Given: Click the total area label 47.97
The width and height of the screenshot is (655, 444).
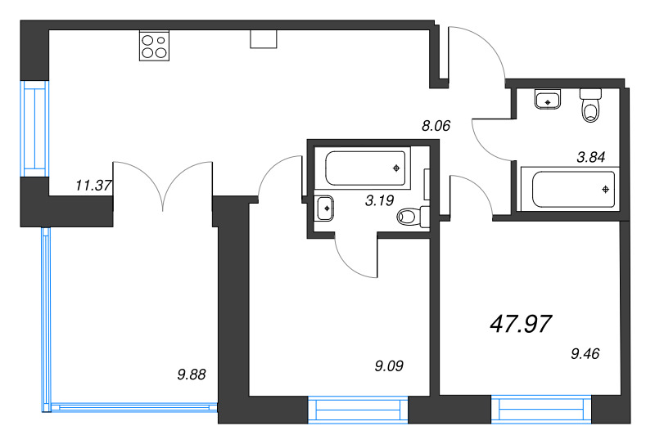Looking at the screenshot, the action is tap(521, 324).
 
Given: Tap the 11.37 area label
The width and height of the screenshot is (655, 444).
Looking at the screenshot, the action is tap(93, 185).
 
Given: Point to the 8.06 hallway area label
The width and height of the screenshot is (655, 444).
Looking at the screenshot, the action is tap(436, 125).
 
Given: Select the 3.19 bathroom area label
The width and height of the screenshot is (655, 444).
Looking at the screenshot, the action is tap(379, 200).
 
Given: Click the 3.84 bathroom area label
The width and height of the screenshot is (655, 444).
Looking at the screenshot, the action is tap(590, 157).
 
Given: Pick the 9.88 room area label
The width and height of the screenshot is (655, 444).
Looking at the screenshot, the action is tap(192, 374).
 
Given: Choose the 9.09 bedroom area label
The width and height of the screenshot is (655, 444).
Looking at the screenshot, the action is tap(389, 366).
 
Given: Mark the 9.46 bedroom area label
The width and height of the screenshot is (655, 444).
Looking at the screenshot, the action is tap(585, 353).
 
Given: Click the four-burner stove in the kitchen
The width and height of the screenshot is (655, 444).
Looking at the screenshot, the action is tap(154, 46).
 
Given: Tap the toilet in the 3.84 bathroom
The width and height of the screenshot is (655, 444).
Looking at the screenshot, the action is tap(590, 105).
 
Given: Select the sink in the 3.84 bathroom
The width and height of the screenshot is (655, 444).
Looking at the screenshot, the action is tap(547, 100).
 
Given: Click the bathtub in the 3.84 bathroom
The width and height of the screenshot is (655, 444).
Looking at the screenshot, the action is tap(571, 189).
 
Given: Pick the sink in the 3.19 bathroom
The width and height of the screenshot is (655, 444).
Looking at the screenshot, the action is tap(324, 209).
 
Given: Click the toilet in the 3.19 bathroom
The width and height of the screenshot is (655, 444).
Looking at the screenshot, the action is tap(413, 216).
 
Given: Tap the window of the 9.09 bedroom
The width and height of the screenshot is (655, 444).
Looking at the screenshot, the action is tap(358, 410).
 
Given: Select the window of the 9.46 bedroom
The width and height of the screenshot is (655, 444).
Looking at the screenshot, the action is tap(541, 410).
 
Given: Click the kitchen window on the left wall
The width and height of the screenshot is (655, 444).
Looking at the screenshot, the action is tap(34, 128).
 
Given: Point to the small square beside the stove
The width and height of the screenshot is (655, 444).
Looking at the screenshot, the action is tap(264, 38).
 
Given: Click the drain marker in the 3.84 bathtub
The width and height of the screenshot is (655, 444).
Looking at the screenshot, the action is tap(605, 190).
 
